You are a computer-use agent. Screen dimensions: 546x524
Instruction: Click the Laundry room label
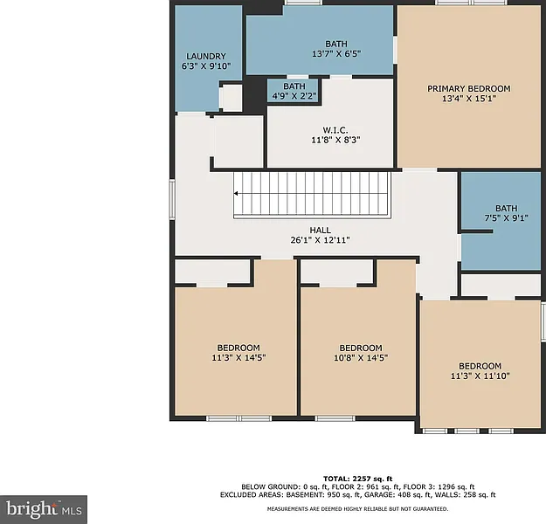point(206,56)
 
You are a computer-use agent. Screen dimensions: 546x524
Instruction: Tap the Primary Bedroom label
point(469,88)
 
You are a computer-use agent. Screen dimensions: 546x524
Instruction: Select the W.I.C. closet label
point(335,130)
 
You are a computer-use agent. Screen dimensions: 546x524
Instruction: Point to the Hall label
point(320,231)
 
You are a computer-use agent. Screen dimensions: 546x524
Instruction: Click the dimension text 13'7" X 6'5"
point(336,54)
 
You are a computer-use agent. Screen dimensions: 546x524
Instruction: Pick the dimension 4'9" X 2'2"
point(294,96)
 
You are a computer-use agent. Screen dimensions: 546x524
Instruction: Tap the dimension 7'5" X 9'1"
point(507,218)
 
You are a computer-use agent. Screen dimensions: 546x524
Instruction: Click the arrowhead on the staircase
point(236,194)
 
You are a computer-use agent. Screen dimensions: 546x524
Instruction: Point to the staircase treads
point(312,195)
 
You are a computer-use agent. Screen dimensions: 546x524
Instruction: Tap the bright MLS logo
point(44,510)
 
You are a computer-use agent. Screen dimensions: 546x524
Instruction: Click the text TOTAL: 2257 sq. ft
point(357,479)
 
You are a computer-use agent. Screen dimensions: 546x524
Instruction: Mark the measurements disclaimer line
point(357,509)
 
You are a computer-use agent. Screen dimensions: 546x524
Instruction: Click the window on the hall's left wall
point(172,199)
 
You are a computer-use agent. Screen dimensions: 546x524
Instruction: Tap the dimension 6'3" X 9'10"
point(206,66)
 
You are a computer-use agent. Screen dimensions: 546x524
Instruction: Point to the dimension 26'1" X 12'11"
point(320,240)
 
